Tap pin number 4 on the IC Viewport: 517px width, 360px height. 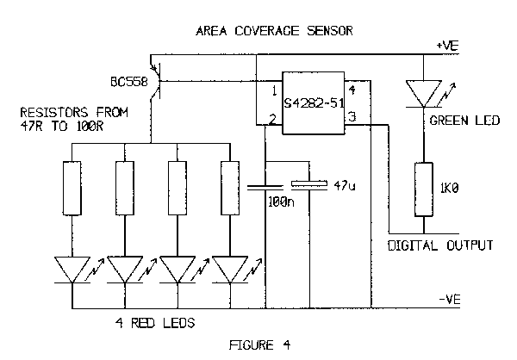pos(352,90)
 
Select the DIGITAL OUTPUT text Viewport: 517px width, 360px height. pos(439,245)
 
